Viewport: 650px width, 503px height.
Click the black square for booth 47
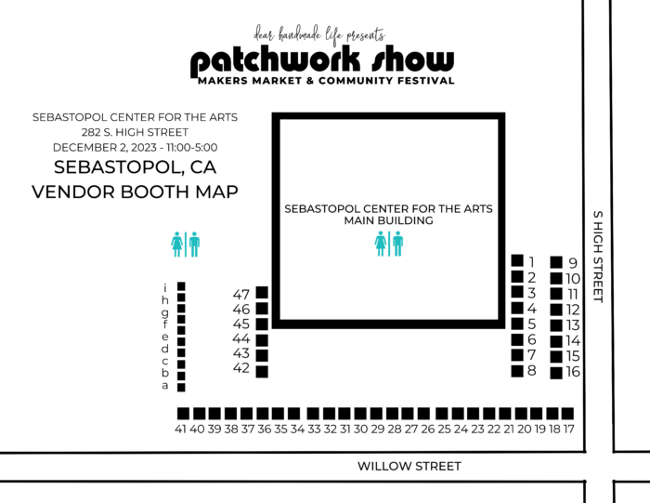click(x=262, y=292)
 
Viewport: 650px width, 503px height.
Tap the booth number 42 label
click(x=241, y=369)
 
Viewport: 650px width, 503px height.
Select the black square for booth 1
click(x=517, y=261)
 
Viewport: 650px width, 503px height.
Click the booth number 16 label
click(x=573, y=372)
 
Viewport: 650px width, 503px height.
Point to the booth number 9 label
click(x=573, y=263)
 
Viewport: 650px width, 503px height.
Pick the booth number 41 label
click(x=180, y=430)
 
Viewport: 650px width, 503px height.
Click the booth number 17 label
click(x=568, y=430)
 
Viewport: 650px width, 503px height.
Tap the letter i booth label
click(x=165, y=287)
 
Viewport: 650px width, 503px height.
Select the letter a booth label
click(x=165, y=386)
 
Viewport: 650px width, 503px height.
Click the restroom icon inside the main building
click(x=389, y=244)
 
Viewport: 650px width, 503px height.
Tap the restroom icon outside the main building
click(x=186, y=244)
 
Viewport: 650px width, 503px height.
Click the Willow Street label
click(x=409, y=467)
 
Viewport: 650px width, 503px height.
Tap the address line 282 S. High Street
click(x=136, y=132)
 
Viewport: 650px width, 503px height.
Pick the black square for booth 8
click(x=517, y=371)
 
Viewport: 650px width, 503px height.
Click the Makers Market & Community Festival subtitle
click(x=326, y=82)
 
